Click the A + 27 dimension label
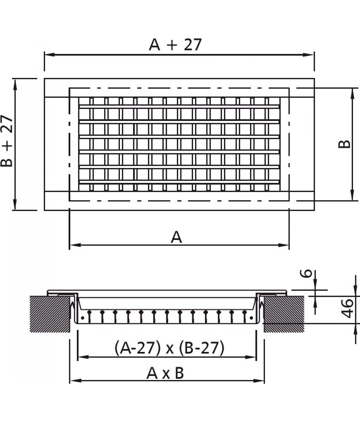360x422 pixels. pos(175,45)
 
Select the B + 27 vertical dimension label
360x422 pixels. pos(7,141)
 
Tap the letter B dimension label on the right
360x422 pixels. pos(344,144)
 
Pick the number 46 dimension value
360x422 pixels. pos(348,308)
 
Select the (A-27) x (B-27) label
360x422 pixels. pos(169,348)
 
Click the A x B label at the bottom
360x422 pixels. pos(165,373)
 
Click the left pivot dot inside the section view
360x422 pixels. pos(82,318)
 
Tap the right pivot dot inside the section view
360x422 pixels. pos(251,318)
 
